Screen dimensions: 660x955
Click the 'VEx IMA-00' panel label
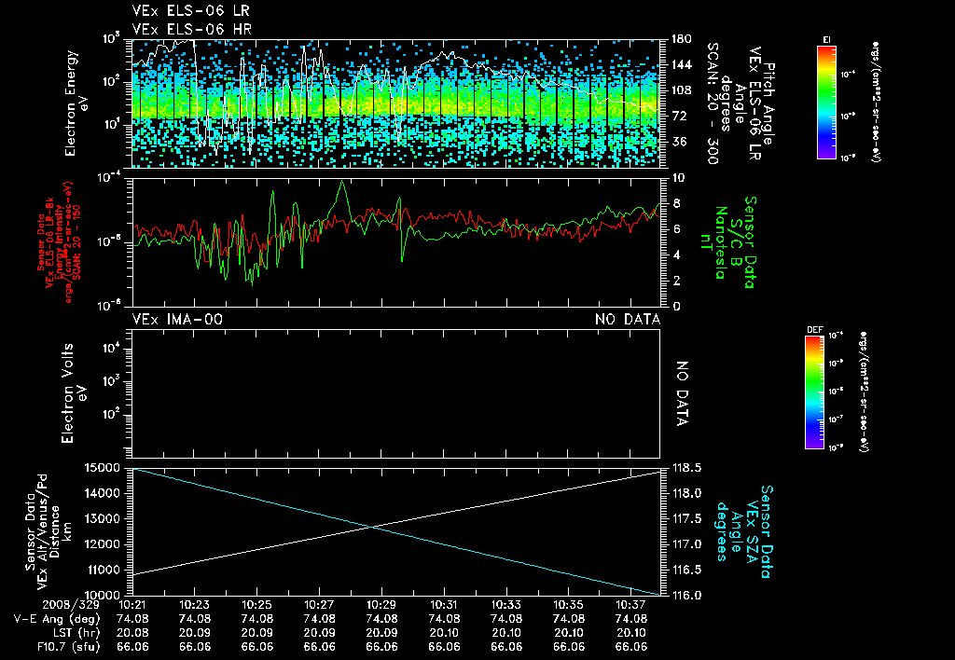pos(177,320)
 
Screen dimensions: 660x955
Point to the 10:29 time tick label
pos(381,604)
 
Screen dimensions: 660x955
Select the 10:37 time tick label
pos(632,604)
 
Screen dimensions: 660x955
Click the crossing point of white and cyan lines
pos(373,528)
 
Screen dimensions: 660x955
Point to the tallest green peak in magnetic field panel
pos(343,183)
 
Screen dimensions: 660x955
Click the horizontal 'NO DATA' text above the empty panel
pos(628,320)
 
